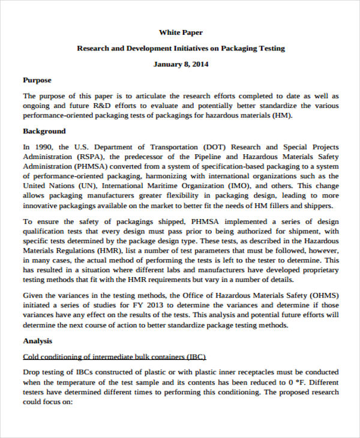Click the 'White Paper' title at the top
pyautogui.click(x=181, y=32)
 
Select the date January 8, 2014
pyautogui.click(x=181, y=64)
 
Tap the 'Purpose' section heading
pyautogui.click(x=37, y=80)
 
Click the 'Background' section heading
pyautogui.click(x=44, y=131)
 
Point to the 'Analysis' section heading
pyautogui.click(x=38, y=341)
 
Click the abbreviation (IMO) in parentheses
pyautogui.click(x=241, y=186)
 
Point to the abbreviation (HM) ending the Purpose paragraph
pyautogui.click(x=281, y=116)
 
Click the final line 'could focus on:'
pyautogui.click(x=47, y=402)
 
